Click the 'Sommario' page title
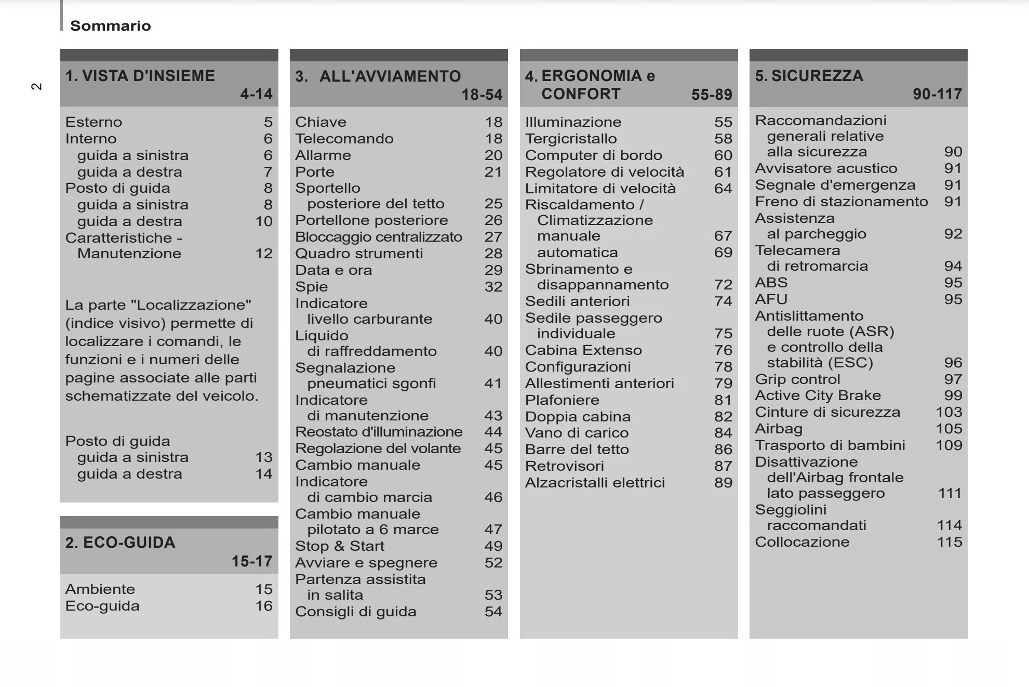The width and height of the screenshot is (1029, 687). point(110,25)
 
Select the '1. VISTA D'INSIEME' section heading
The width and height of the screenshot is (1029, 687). point(140,76)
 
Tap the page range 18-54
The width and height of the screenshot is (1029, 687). point(482,95)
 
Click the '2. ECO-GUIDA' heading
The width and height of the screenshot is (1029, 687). point(120,543)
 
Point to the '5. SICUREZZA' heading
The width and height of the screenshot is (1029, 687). point(809,76)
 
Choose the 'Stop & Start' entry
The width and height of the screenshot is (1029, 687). point(340,546)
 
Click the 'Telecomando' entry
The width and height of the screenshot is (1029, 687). point(344,139)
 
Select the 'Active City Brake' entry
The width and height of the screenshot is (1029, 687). point(818,395)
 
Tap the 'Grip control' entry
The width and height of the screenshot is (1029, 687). point(797,379)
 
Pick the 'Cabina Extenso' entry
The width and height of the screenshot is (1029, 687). point(583,350)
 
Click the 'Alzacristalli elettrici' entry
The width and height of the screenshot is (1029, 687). point(595,483)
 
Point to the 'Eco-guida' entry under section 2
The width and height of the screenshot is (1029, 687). point(102,606)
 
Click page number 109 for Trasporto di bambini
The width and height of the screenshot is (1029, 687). point(948,445)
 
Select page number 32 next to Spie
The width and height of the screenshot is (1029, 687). point(493,287)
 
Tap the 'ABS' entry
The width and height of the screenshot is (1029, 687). point(771,283)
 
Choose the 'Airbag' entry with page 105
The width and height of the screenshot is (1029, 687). point(778,429)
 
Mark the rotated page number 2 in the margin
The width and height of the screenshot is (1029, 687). point(37,86)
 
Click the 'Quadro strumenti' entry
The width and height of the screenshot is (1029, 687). point(359,254)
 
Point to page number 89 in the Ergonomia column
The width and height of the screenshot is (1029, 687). point(723,483)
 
